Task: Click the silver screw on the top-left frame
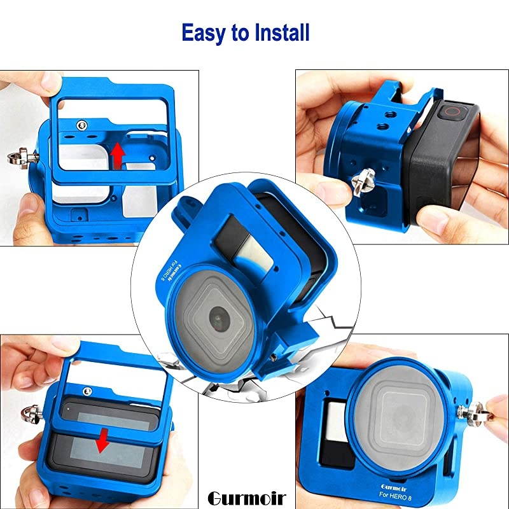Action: click(x=81, y=125)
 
